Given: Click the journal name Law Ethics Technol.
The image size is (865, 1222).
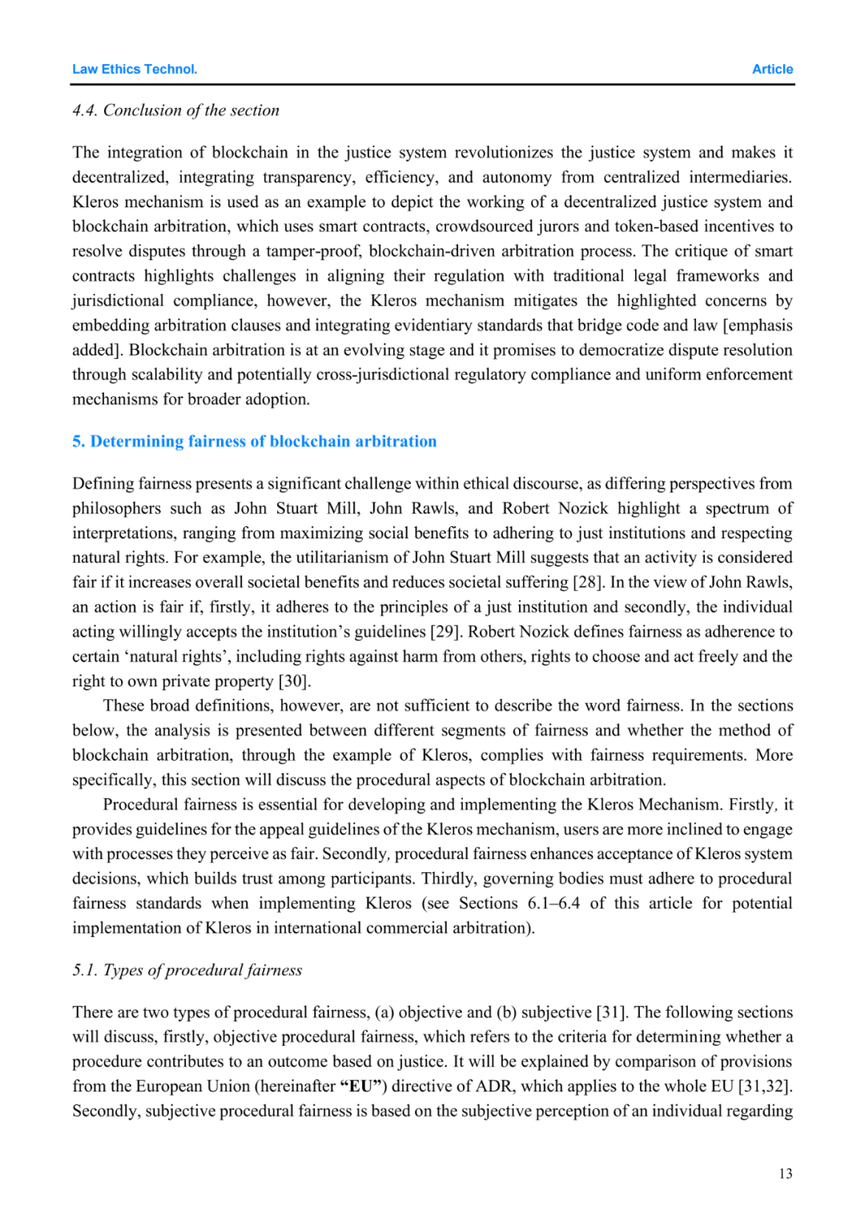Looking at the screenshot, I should coord(135,70).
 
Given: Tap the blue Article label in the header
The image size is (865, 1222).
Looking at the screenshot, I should coord(772,70).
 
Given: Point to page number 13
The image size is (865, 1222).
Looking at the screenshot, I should coord(785,1174).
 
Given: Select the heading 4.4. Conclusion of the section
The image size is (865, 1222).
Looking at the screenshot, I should coord(175,111).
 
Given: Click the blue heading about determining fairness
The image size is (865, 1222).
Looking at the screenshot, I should coord(255,441).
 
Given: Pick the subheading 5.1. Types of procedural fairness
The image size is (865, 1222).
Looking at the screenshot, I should coord(187,971).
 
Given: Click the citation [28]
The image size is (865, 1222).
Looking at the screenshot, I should coord(587,582).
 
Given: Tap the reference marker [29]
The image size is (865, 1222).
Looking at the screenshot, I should coord(445,632).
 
